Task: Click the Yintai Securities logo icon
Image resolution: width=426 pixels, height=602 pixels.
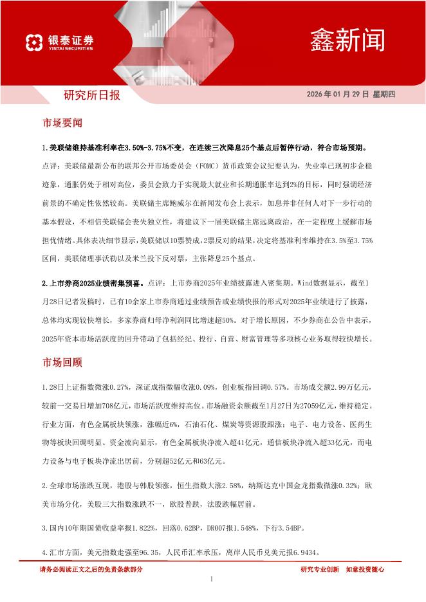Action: (34, 42)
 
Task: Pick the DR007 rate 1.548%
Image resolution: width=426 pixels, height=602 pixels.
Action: (239, 529)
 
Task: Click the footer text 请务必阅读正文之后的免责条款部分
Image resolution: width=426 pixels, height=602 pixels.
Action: (91, 569)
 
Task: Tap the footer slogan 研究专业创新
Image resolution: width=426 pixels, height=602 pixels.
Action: (320, 569)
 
